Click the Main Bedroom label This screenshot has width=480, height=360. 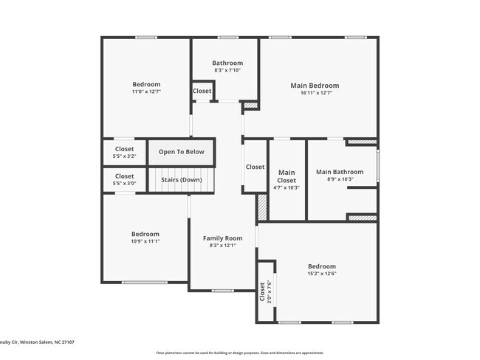coord(315,86)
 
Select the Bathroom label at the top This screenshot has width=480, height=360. coord(227,63)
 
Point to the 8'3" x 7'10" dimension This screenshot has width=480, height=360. coord(227,71)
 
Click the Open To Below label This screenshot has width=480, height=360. coord(181,152)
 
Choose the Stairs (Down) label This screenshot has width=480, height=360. coord(181,179)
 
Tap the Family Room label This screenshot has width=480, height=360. coord(222,238)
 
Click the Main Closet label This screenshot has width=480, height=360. coord(287,176)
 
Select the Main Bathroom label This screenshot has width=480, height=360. coord(340,173)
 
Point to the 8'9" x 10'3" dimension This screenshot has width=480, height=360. coord(340,180)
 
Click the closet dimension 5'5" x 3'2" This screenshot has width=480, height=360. coord(124,156)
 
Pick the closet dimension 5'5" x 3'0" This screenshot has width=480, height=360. coord(124,184)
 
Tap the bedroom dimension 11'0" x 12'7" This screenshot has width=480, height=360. coord(146,92)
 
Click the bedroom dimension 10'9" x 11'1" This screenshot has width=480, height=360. coord(145,241)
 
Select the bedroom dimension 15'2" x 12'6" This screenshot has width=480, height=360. coord(321,274)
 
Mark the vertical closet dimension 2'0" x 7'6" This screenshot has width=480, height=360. coord(270,292)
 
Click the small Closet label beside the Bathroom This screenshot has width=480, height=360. coord(202,91)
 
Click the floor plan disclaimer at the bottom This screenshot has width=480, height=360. coord(239,353)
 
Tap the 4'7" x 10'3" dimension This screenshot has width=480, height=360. coord(287,188)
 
